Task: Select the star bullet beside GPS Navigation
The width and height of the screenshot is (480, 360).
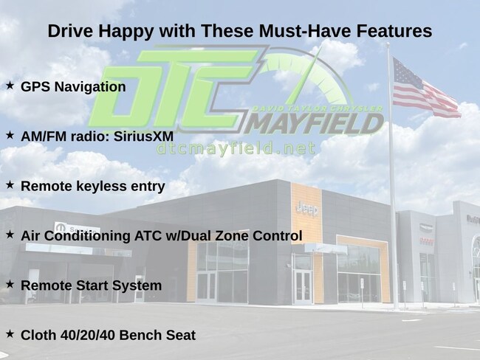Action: pos(10,86)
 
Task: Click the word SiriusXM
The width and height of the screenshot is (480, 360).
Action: pos(143,136)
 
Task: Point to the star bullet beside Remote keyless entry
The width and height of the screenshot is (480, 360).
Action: pos(10,184)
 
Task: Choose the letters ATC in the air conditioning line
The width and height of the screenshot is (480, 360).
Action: pos(147,236)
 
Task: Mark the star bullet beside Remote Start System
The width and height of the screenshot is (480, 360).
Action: pos(10,284)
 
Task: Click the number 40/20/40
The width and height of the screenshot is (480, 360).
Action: pos(88,335)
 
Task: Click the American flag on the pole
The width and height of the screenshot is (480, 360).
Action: pos(426,88)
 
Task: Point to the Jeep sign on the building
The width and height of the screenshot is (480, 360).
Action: pos(307,209)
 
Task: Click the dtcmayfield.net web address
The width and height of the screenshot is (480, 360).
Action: pos(236,149)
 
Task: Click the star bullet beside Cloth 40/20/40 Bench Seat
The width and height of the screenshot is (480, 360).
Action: pos(10,333)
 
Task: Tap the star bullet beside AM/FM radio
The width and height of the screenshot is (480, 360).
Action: pos(10,135)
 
